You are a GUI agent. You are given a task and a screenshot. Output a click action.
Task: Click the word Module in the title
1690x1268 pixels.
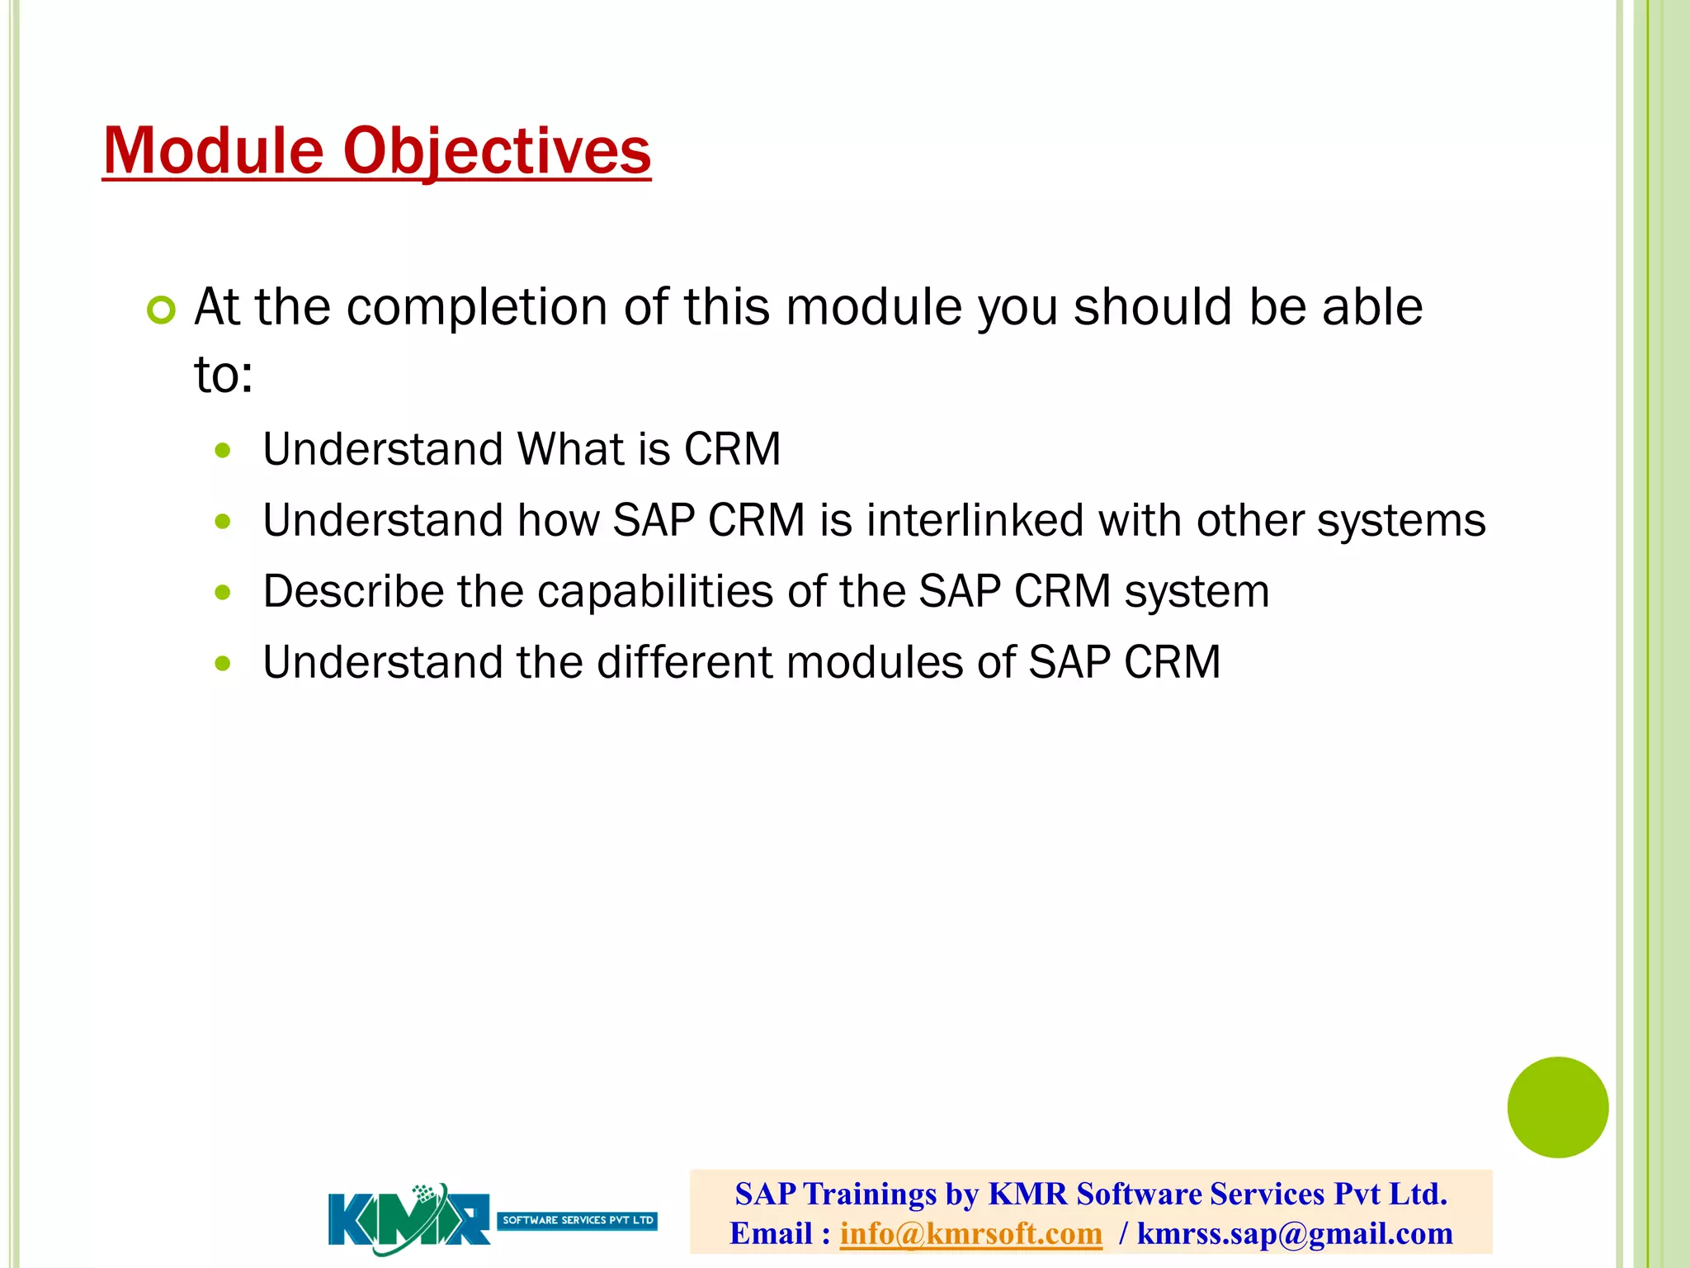point(213,151)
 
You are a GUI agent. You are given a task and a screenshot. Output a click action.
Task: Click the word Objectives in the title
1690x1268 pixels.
point(497,151)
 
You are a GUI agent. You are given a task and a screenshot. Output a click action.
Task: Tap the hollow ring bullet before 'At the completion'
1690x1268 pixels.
point(161,310)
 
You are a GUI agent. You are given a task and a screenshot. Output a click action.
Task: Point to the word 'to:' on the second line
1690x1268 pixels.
point(223,375)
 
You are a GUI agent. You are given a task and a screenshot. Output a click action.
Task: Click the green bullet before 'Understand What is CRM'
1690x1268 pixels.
point(222,451)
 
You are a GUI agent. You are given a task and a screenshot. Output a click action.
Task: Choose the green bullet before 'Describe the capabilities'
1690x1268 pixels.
point(222,592)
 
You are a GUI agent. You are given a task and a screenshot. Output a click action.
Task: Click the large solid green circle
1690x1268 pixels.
point(1557,1107)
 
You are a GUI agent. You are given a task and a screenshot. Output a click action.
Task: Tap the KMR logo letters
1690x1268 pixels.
point(408,1220)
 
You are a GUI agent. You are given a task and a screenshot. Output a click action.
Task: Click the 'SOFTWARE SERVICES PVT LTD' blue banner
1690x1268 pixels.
point(577,1220)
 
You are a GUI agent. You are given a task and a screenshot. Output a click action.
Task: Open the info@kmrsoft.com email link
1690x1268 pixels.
point(970,1233)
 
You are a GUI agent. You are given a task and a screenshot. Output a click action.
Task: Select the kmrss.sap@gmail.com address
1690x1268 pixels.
point(1294,1233)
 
